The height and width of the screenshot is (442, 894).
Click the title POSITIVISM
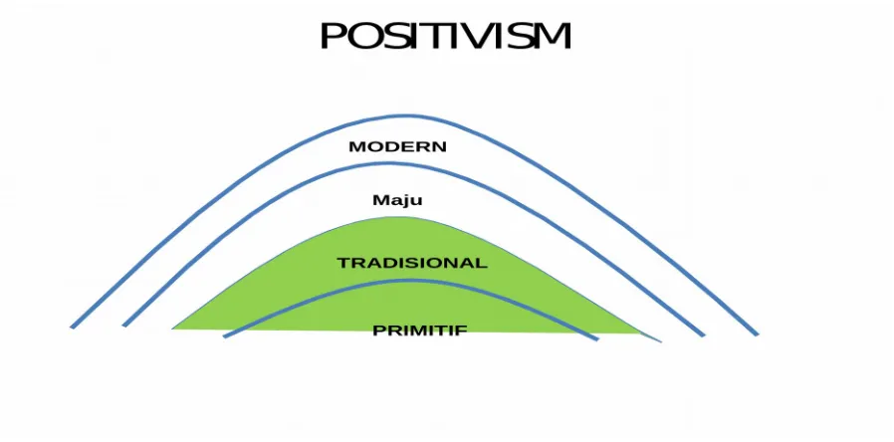445,36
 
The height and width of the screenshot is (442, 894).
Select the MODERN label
397,146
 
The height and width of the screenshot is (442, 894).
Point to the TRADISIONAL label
412,263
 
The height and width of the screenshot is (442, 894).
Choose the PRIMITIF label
420,331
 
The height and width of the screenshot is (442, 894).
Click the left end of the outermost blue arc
72,328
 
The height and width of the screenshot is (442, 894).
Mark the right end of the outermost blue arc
758,334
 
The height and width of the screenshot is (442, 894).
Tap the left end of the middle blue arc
124,326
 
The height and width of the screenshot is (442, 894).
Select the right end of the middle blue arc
704,335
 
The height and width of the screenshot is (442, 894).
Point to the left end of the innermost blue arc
224,336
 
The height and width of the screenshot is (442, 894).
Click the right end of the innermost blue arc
597,338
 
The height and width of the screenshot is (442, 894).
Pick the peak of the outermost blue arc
406,116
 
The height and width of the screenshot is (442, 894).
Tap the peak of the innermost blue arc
409,281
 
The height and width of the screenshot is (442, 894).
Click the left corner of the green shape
173,329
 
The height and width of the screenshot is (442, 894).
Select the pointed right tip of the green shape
660,341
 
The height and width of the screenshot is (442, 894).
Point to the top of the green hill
399,217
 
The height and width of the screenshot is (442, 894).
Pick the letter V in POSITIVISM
476,36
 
